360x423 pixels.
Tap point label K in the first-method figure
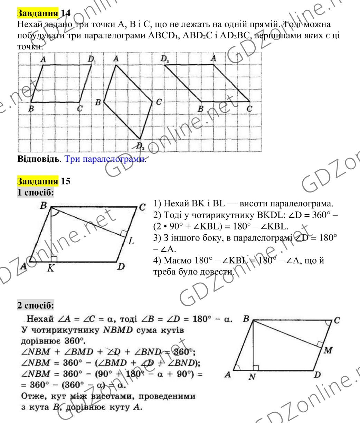[x=50, y=270]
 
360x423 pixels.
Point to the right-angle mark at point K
[x=54, y=258]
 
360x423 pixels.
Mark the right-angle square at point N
[x=256, y=368]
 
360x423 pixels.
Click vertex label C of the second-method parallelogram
[x=338, y=320]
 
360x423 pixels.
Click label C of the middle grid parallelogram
[x=158, y=102]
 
